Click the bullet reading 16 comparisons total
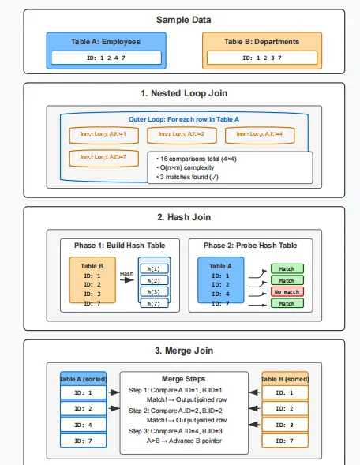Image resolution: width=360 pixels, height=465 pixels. click(193, 159)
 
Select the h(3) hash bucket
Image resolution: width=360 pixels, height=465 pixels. click(154, 291)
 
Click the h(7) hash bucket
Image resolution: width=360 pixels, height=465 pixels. click(154, 303)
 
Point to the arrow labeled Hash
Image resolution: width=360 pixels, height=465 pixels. click(127, 280)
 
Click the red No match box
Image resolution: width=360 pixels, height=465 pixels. click(287, 292)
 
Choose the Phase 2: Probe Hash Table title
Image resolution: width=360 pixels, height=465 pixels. click(249, 245)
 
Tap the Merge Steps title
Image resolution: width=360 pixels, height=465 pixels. click(183, 379)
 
